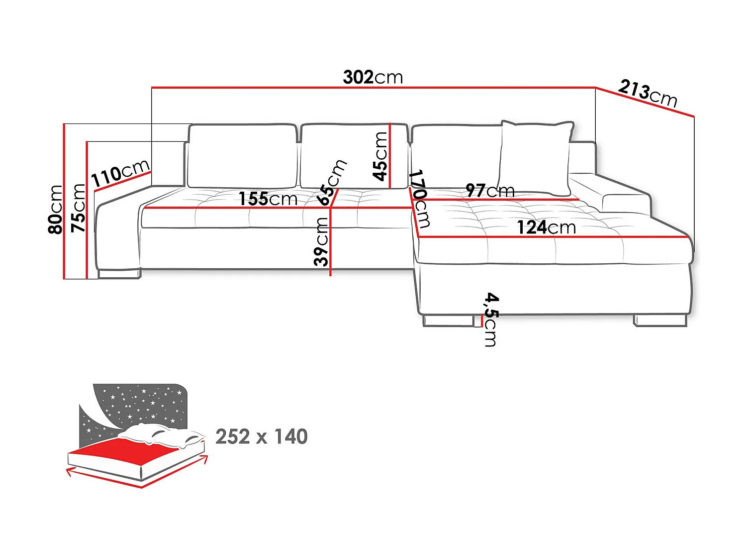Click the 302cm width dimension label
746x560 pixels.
(x=373, y=77)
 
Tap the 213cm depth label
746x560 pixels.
(x=648, y=93)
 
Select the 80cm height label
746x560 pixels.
(x=56, y=209)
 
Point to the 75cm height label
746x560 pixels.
(x=79, y=208)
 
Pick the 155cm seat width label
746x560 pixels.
(x=268, y=199)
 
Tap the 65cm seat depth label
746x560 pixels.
(x=332, y=182)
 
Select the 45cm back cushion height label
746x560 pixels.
(x=380, y=156)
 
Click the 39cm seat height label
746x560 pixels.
(x=322, y=242)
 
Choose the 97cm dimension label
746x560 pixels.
(x=490, y=190)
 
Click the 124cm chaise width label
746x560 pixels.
(x=546, y=227)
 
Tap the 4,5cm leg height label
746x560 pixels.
(x=491, y=319)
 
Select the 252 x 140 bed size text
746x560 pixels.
(x=262, y=437)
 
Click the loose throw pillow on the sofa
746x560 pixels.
(x=535, y=157)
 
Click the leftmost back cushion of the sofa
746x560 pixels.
(x=242, y=156)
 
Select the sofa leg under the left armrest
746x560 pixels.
(x=119, y=273)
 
